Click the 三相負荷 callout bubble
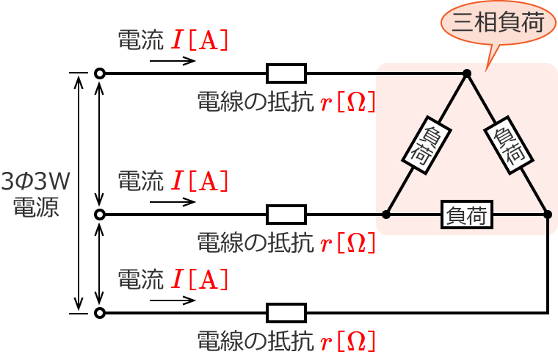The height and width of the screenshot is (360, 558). click(498, 23)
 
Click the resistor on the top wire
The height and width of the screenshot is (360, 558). click(286, 73)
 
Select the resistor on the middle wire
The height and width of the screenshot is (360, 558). click(286, 215)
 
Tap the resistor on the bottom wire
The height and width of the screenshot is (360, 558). click(286, 313)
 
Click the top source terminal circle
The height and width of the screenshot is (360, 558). click(100, 73)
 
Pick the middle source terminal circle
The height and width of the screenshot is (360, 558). click(100, 215)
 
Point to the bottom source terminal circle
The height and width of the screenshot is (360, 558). click(100, 313)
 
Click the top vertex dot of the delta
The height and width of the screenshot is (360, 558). click(467, 73)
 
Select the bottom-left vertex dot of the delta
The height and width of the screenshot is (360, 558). click(386, 215)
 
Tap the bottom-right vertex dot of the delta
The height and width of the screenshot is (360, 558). click(548, 215)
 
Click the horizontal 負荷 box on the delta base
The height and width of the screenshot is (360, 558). click(467, 215)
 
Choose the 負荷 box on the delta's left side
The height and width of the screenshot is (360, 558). click(427, 145)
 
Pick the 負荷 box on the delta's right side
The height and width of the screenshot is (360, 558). click(508, 145)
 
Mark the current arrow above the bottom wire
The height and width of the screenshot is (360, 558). click(173, 300)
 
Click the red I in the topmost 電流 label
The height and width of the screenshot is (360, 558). click(177, 40)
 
